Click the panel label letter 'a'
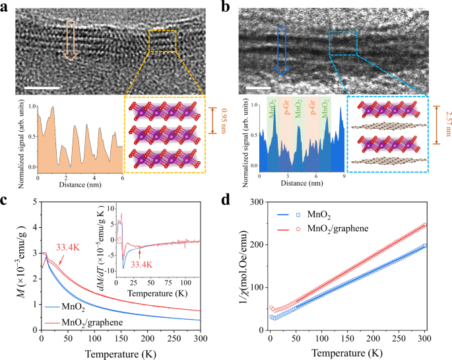pyautogui.click(x=6, y=8)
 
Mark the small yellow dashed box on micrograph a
pyautogui.click(x=162, y=41)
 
